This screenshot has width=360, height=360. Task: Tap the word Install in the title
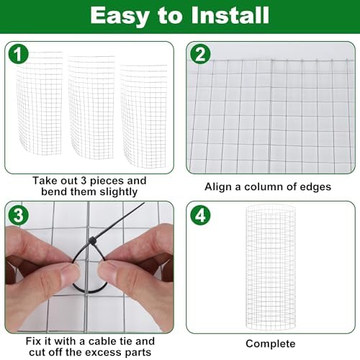(230, 15)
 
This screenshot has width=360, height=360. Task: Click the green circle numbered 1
(19, 54)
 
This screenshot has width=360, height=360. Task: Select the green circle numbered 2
(200, 54)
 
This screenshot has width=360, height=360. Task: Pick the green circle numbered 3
(19, 215)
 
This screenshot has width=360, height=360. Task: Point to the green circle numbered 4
(200, 215)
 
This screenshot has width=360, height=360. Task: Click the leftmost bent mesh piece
(39, 103)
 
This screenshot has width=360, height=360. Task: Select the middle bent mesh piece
(91, 107)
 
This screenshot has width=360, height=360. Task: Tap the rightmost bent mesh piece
(143, 116)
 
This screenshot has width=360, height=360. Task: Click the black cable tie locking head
(92, 240)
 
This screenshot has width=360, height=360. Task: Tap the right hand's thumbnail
(109, 271)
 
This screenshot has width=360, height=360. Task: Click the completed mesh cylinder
(271, 267)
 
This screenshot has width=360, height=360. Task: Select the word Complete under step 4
(271, 344)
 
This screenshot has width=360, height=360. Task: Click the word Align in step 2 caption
(220, 186)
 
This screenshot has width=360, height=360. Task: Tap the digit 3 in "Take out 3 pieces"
(84, 181)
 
